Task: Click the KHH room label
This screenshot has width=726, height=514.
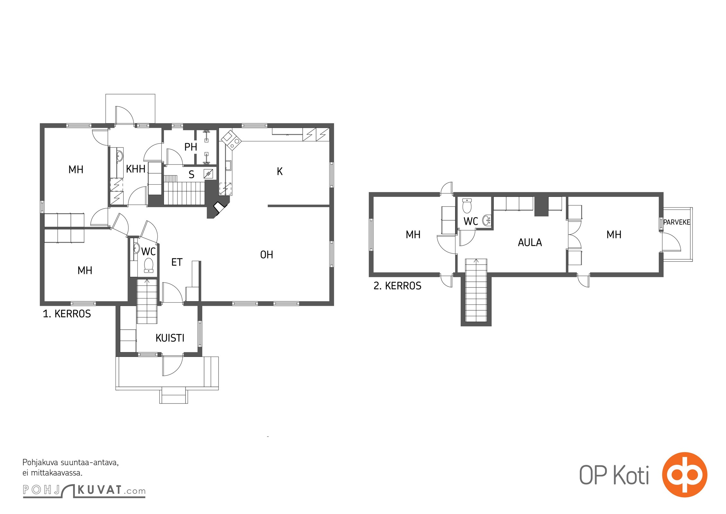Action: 135,169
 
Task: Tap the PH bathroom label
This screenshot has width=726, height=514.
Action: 191,147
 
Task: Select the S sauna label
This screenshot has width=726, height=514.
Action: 191,174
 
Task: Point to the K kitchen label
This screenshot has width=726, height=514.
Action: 280,172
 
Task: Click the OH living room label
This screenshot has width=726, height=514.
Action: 266,255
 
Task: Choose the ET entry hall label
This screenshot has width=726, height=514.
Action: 177,262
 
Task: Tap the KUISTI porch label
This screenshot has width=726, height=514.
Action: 170,338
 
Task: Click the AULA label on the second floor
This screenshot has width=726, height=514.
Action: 530,243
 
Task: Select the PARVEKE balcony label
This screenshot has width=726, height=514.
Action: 677,222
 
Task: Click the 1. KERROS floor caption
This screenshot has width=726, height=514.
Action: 67,314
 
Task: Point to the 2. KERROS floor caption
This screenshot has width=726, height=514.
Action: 397,286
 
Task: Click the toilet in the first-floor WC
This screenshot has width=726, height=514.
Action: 149,265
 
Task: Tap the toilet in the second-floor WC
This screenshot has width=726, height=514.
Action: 467,206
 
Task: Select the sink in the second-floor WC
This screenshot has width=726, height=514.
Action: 487,220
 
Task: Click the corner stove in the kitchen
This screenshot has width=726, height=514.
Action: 231,140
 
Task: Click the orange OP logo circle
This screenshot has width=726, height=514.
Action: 685,475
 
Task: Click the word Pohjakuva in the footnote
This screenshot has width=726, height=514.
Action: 40,463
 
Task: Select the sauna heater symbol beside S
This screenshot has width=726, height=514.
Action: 208,174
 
